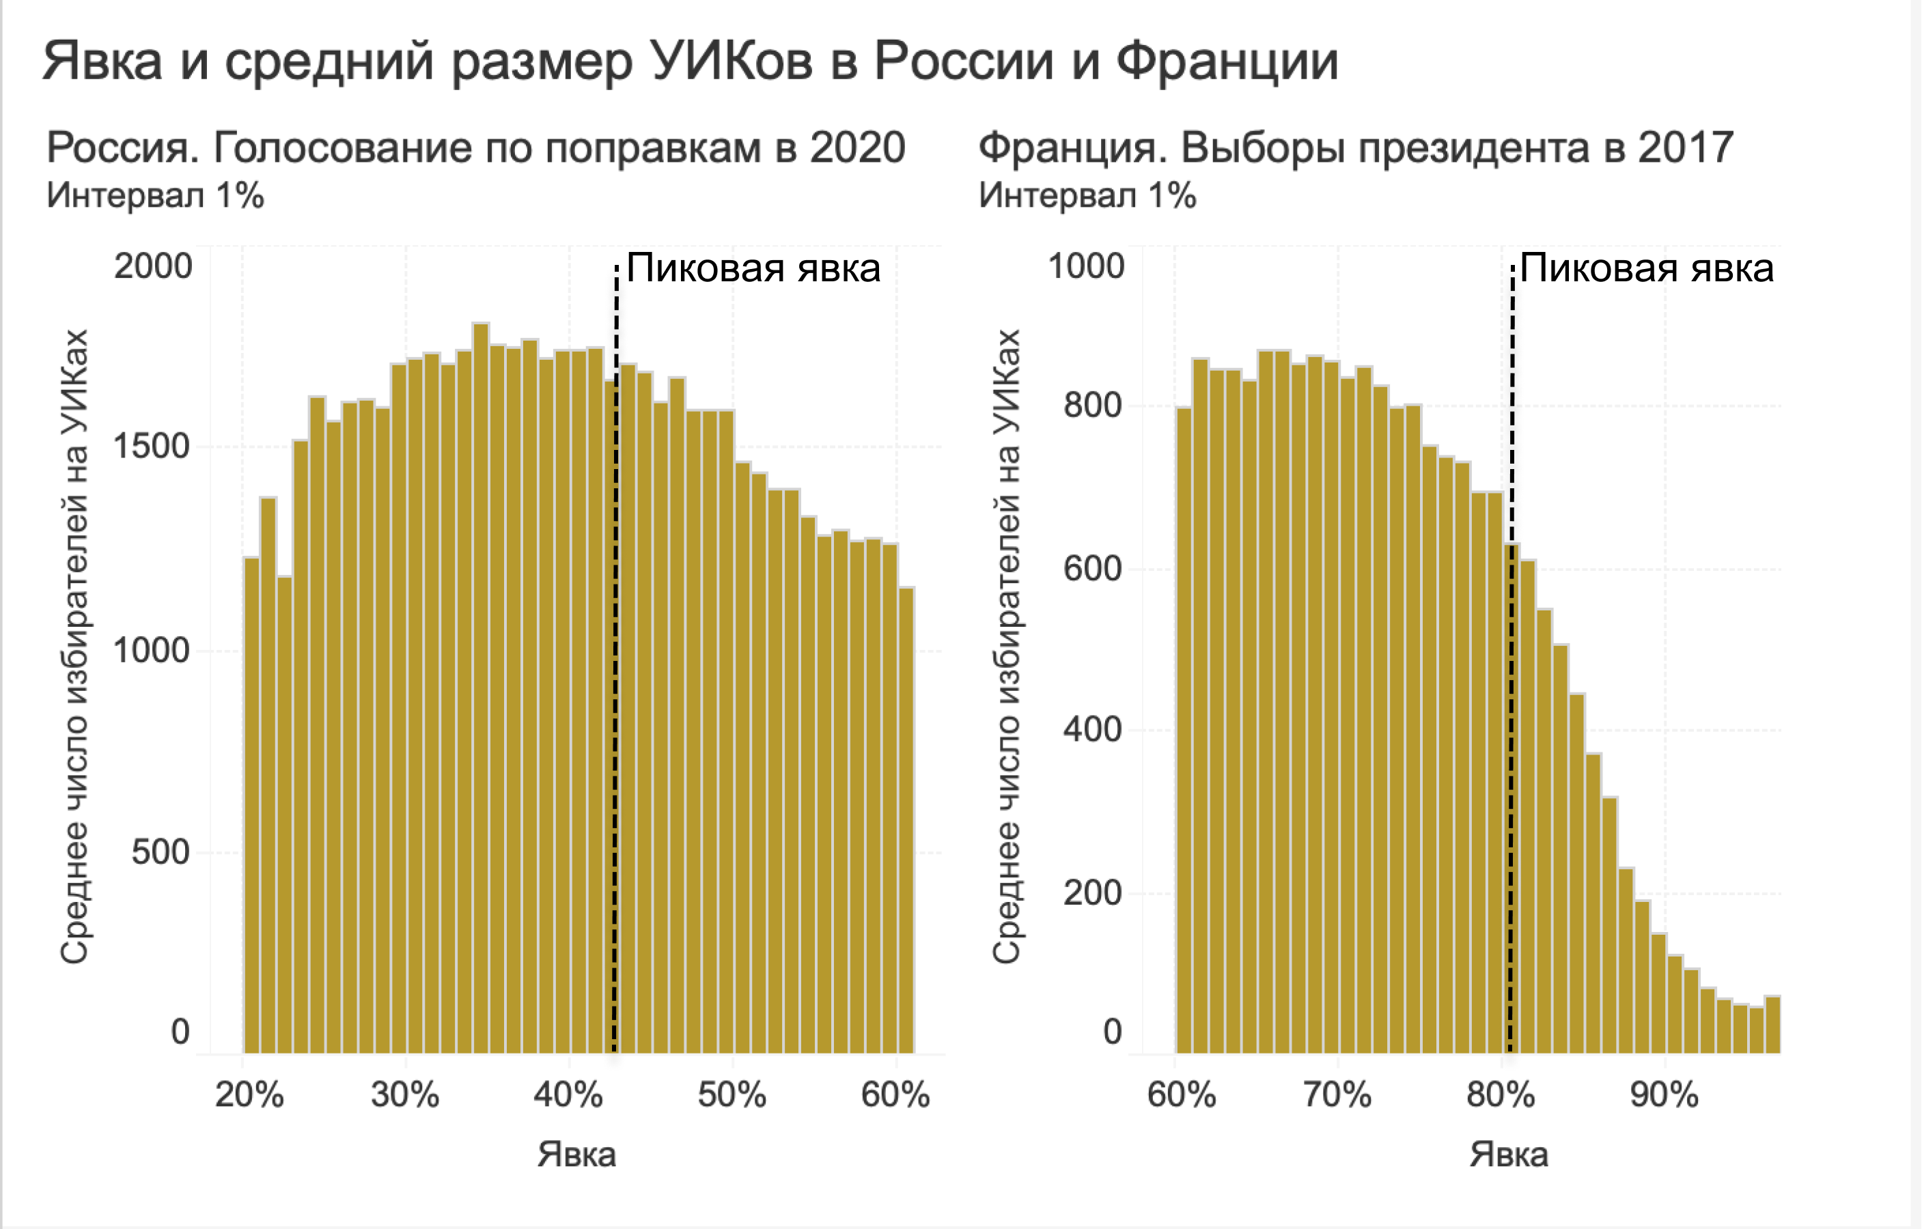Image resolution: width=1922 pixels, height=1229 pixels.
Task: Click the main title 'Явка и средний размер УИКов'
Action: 690,61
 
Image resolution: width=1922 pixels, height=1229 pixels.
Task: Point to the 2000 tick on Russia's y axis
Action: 153,266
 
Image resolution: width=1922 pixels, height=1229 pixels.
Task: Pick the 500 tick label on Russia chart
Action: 161,851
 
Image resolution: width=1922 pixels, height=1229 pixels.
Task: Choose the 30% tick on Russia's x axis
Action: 404,1095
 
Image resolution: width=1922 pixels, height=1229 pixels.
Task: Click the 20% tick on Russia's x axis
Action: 249,1095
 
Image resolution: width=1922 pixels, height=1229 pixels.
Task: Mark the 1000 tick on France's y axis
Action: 1085,266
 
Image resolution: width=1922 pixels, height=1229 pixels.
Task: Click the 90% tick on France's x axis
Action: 1665,1095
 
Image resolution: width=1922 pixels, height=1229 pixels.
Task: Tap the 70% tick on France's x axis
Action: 1337,1095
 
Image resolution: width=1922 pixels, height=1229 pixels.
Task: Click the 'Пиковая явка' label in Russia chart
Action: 753,268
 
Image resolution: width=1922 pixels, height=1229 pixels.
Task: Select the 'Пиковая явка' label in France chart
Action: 1646,268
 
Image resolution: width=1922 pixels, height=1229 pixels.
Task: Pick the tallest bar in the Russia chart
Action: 481,686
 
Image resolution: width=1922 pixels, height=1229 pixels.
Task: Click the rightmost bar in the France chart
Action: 1772,1025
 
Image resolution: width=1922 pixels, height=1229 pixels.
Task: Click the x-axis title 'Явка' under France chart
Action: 1509,1155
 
